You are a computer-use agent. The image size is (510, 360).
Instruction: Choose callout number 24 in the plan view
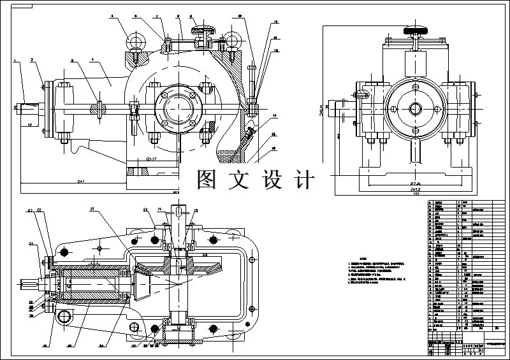coord(30,243)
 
